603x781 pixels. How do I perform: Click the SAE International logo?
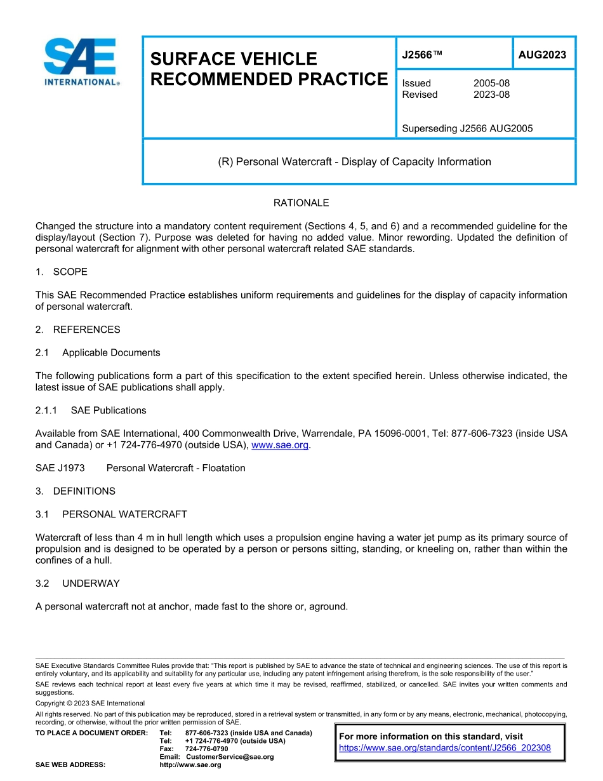pyautogui.click(x=80, y=62)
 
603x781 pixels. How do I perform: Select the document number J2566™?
pyautogui.click(x=422, y=55)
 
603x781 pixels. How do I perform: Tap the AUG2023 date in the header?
pyautogui.click(x=542, y=55)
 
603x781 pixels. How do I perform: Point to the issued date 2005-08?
pyautogui.click(x=491, y=83)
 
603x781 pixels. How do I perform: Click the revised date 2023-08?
pyautogui.click(x=491, y=95)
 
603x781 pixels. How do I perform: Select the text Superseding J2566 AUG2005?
pyautogui.click(x=467, y=128)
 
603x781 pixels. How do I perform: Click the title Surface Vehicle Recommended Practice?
pyautogui.click(x=268, y=69)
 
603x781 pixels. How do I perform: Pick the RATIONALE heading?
pyautogui.click(x=301, y=203)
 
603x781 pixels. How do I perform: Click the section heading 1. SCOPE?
pyautogui.click(x=62, y=272)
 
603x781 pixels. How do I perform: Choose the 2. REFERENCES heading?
pyautogui.click(x=78, y=330)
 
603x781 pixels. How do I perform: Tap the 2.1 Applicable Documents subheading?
pyautogui.click(x=98, y=352)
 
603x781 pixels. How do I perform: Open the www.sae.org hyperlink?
pyautogui.click(x=280, y=445)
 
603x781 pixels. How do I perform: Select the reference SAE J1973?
pyautogui.click(x=60, y=468)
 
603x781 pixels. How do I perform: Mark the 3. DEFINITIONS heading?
pyautogui.click(x=76, y=491)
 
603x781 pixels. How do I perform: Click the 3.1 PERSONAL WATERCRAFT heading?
pyautogui.click(x=111, y=514)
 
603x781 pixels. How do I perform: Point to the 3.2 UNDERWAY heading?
pyautogui.click(x=77, y=583)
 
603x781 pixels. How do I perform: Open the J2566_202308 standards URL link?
pyautogui.click(x=445, y=748)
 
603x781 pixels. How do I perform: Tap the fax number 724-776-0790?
pyautogui.click(x=206, y=749)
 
